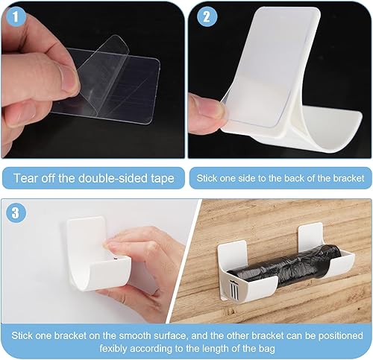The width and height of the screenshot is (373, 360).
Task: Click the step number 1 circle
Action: [16, 17]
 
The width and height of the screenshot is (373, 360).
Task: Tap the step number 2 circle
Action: [207, 17]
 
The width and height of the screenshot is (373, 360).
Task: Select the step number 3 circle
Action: [16, 212]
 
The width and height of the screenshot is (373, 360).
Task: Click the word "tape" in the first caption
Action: [163, 179]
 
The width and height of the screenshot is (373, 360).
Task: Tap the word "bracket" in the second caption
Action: [349, 178]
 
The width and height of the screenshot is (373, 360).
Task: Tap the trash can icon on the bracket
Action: [233, 288]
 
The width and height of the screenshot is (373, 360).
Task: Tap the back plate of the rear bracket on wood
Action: [310, 233]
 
